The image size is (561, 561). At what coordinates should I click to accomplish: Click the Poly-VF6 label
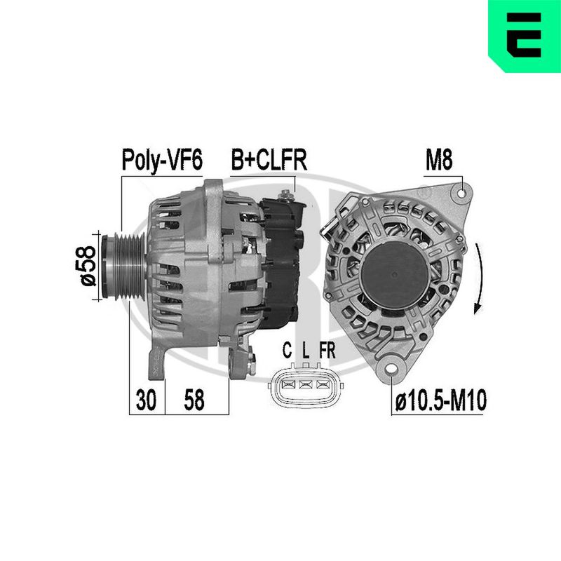point(162,160)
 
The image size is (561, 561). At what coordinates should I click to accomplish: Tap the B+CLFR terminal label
point(269,160)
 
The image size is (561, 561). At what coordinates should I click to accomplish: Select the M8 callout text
point(439,160)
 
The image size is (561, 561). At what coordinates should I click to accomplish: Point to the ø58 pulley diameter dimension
point(88,266)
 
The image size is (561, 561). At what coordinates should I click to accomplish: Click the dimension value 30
point(146,400)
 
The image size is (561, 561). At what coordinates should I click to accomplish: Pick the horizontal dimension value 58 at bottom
point(194,400)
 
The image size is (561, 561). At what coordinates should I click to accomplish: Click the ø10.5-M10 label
point(441,400)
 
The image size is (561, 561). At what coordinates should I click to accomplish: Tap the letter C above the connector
point(287,350)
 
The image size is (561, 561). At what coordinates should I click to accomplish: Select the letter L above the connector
point(305,350)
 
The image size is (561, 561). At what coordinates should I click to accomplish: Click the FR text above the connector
point(327,350)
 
